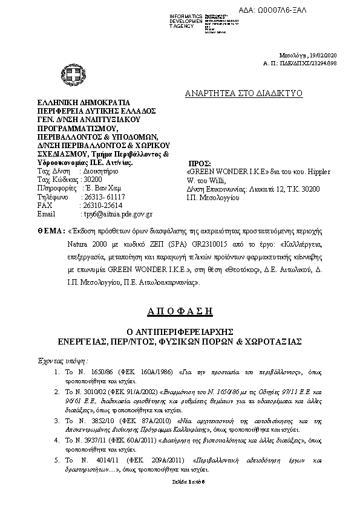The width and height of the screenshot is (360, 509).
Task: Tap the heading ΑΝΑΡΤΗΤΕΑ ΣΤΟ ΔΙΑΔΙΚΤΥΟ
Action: (x=244, y=93)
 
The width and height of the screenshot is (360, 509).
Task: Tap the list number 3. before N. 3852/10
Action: (x=57, y=420)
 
